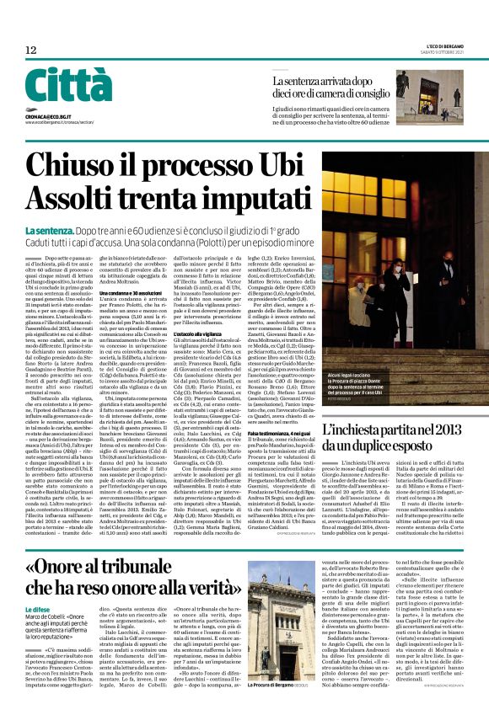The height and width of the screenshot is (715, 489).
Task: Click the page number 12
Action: [30, 51]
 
